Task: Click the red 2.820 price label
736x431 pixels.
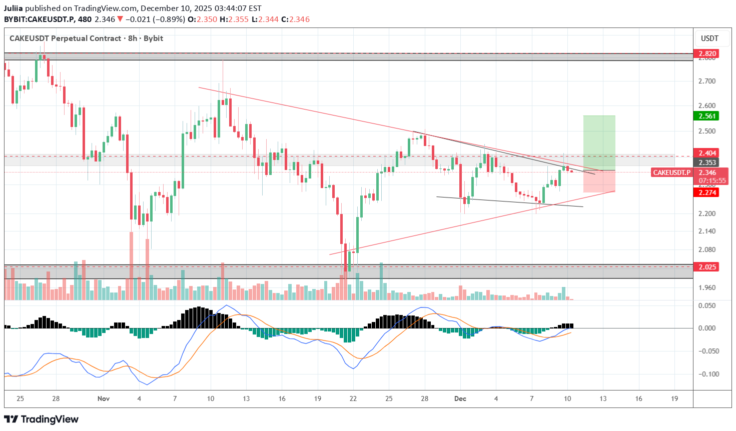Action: [x=706, y=53]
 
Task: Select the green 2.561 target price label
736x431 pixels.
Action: [x=706, y=116]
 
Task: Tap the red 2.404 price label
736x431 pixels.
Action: [x=706, y=153]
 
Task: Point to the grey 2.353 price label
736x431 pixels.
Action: [x=706, y=162]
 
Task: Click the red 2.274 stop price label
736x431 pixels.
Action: [x=706, y=192]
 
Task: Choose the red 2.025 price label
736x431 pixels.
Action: [x=706, y=267]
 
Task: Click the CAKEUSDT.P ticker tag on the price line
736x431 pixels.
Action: [x=671, y=172]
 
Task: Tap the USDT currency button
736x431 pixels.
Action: [x=709, y=38]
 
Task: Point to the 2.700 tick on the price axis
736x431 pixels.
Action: [x=707, y=81]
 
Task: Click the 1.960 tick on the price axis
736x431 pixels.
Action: [x=707, y=287]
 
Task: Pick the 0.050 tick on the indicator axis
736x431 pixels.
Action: [x=707, y=305]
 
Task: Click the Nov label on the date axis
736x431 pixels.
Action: [x=104, y=398]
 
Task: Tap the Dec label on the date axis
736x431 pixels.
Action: [x=460, y=398]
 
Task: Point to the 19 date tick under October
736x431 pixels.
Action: [x=317, y=398]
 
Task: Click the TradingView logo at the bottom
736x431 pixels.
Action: [x=42, y=419]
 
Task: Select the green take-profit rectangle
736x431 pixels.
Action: [x=599, y=142]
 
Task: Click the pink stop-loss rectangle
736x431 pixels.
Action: [x=599, y=181]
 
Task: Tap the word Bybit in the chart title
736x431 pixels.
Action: [x=153, y=38]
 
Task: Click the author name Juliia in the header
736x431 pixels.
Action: [x=14, y=8]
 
